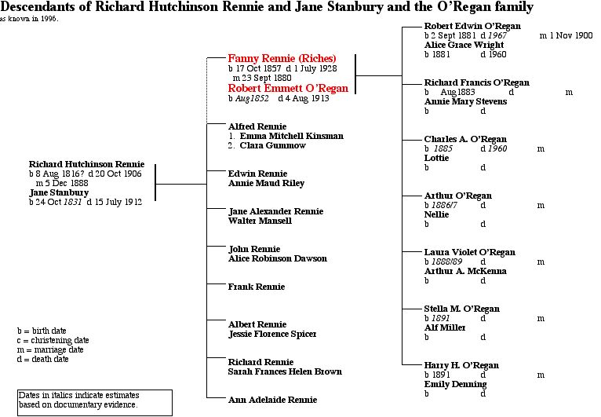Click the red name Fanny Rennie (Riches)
point(282,59)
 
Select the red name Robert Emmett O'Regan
point(288,89)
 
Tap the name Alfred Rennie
point(257,126)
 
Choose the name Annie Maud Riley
point(266,183)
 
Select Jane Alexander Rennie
point(275,211)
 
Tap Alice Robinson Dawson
point(277,258)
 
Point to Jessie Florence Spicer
point(272,334)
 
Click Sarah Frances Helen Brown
point(285,371)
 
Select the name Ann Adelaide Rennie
point(273,400)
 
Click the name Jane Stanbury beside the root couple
point(59,192)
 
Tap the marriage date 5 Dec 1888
point(66,183)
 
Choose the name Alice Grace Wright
point(464,45)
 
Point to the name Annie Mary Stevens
point(465,101)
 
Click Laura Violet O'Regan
point(470,252)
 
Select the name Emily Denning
point(456,384)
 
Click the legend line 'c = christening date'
point(53,341)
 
